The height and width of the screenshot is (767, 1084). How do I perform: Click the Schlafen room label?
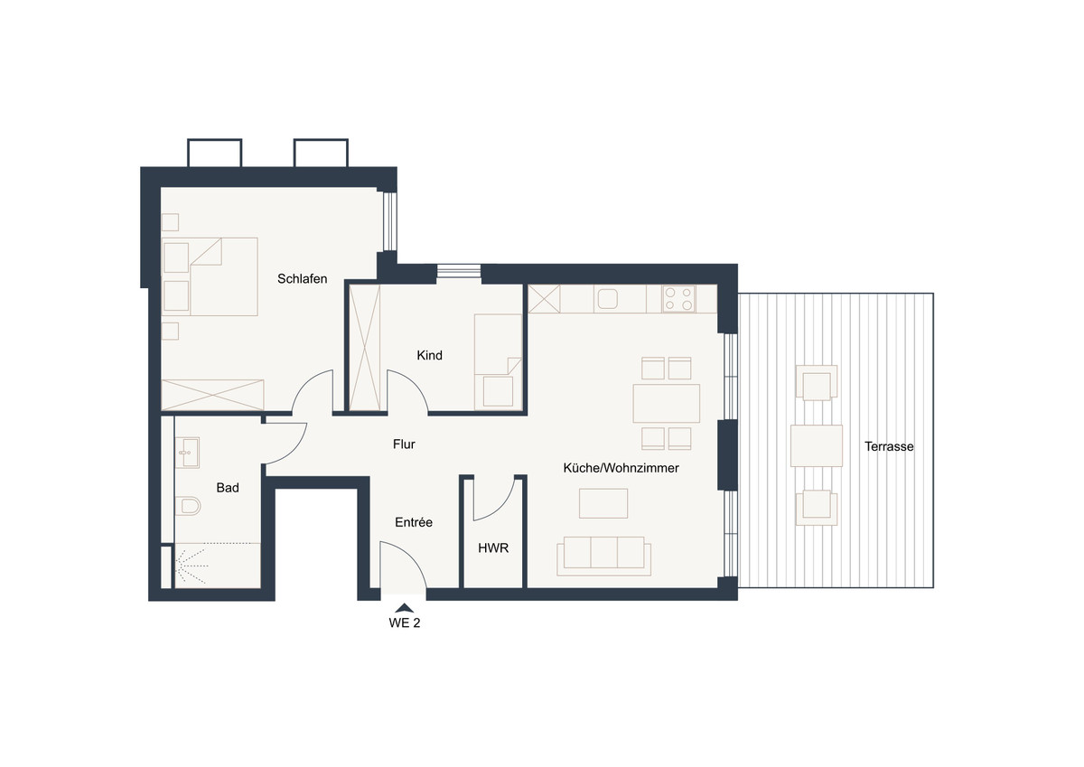pyautogui.click(x=302, y=279)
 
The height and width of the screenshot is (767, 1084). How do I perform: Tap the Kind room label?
pyautogui.click(x=429, y=355)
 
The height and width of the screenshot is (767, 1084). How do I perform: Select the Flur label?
pyautogui.click(x=404, y=444)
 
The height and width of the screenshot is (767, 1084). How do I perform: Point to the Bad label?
pyautogui.click(x=228, y=487)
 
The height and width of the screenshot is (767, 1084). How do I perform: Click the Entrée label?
pyautogui.click(x=414, y=522)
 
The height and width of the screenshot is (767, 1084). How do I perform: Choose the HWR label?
pyautogui.click(x=493, y=547)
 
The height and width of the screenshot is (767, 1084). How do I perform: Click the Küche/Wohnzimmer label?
pyautogui.click(x=621, y=468)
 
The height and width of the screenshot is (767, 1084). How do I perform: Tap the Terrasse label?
pyautogui.click(x=889, y=446)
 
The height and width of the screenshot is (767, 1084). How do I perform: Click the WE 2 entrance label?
pyautogui.click(x=405, y=622)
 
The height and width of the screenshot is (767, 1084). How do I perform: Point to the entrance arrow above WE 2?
pyautogui.click(x=404, y=608)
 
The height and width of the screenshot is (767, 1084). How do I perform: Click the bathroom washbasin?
pyautogui.click(x=187, y=453)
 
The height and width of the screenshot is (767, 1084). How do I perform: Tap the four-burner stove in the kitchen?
pyautogui.click(x=679, y=298)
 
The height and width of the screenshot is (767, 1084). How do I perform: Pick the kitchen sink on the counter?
pyautogui.click(x=607, y=298)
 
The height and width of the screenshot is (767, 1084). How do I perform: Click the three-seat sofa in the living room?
pyautogui.click(x=603, y=556)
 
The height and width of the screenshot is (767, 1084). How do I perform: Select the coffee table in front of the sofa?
pyautogui.click(x=603, y=503)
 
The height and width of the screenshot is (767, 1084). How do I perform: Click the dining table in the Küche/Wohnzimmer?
pyautogui.click(x=666, y=404)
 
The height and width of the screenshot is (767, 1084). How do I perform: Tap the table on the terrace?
pyautogui.click(x=817, y=445)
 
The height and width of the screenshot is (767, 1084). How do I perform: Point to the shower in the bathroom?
pyautogui.click(x=218, y=566)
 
